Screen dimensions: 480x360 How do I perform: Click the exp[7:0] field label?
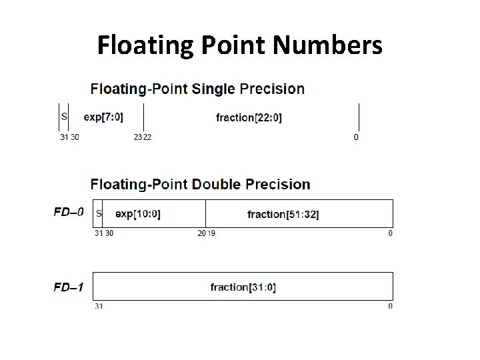103,117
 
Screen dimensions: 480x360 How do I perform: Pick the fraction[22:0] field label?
249,118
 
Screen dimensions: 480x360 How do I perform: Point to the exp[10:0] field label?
138,214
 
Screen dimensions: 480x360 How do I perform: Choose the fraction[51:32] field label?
283,214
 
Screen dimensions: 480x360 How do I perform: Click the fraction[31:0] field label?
243,287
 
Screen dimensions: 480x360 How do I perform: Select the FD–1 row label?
68,287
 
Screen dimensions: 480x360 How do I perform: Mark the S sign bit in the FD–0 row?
99,213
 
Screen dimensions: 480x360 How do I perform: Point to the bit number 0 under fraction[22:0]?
355,137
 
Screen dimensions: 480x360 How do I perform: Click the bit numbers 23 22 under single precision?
142,137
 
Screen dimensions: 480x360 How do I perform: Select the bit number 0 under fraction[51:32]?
390,233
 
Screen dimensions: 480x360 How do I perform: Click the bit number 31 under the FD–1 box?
98,306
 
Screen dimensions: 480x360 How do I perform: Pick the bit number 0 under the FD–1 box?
390,306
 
